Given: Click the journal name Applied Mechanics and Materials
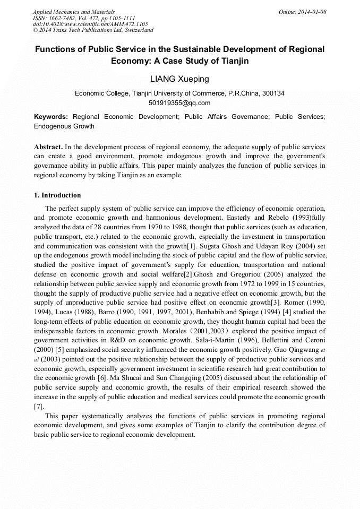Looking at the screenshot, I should pyautogui.click(x=74, y=12).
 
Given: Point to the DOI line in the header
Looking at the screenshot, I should pyautogui.click(x=90, y=24).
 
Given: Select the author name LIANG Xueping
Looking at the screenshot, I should pyautogui.click(x=179, y=79).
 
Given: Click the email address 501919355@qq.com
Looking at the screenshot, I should pyautogui.click(x=179, y=103).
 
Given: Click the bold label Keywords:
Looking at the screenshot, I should pyautogui.click(x=51, y=117).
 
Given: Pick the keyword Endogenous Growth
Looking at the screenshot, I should pyautogui.click(x=64, y=126).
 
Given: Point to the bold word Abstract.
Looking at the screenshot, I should pyautogui.click(x=48, y=146).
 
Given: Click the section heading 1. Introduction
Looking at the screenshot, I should pyautogui.click(x=57, y=195).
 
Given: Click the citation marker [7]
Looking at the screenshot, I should pyautogui.click(x=38, y=407).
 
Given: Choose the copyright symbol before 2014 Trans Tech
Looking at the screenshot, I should pyautogui.click(x=36, y=30).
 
